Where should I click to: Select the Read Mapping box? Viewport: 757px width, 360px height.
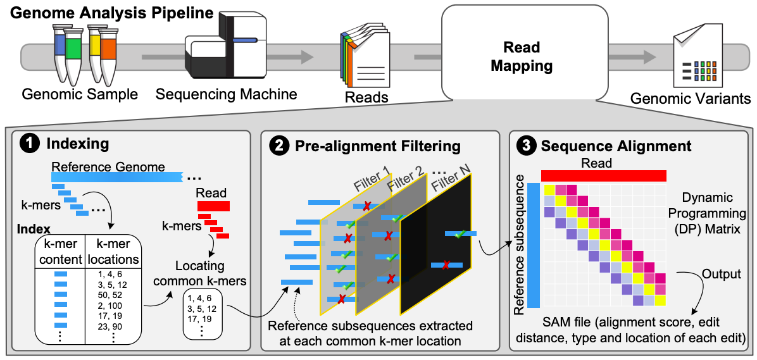coord(522,56)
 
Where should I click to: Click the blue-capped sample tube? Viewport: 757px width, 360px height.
coord(60,51)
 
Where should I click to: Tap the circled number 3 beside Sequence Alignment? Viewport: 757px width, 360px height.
coord(525,147)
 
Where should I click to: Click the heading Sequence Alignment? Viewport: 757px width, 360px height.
coord(615,147)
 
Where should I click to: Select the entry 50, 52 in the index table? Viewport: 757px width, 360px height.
coord(109,295)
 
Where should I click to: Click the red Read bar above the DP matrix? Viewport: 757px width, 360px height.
coord(603,175)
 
